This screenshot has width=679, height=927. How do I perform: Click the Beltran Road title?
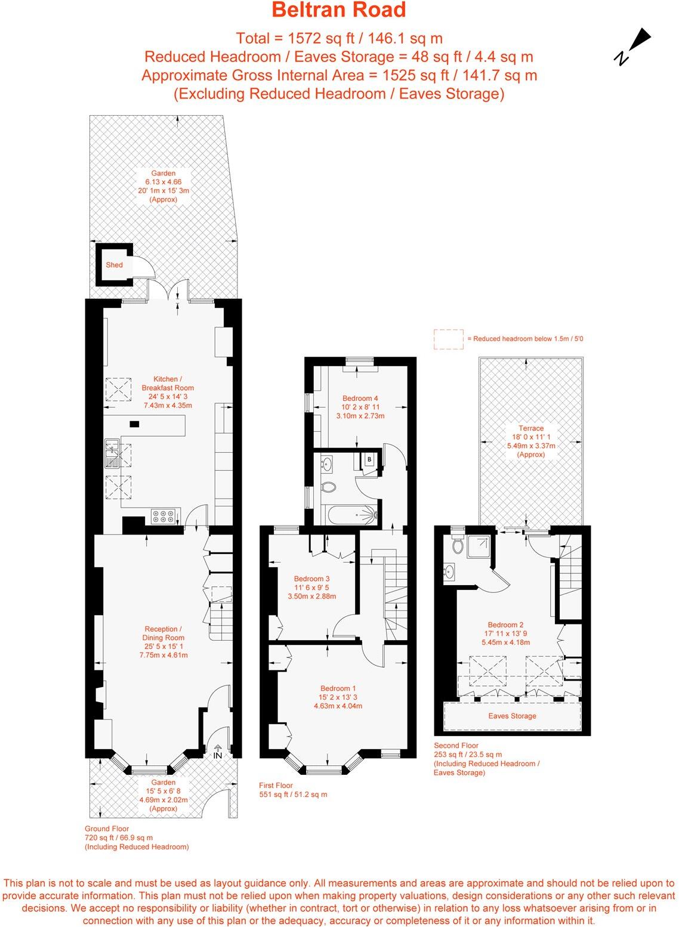pos(339,10)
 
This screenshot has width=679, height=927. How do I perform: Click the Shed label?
pos(114,265)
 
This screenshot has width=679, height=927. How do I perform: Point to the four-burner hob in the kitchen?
pos(163,516)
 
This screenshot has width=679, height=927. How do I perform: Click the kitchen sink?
pos(112,453)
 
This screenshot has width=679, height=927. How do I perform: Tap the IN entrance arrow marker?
pos(217,751)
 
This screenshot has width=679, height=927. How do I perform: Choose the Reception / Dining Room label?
pos(163,634)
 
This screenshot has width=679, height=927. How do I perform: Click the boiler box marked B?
pos(370,459)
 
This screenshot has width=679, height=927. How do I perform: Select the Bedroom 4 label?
pos(360,398)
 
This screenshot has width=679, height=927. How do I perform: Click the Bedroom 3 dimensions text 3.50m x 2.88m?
pos(311,596)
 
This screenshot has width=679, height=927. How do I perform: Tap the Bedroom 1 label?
pos(338,688)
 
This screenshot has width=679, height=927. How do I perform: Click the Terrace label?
pos(530,428)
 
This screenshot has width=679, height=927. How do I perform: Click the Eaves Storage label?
pos(512,716)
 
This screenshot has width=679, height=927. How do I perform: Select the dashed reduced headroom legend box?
pos(449,339)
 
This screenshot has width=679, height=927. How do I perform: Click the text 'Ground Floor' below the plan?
pos(106,829)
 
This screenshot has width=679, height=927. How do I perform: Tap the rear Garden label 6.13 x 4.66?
pos(163,182)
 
